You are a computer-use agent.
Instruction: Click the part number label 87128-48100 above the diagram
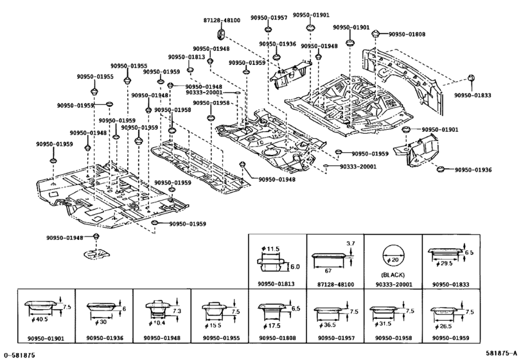tap(222, 21)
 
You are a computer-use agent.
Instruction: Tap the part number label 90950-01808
tap(407, 34)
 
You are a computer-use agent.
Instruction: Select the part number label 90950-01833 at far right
tap(472, 95)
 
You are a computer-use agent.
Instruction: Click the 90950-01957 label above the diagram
tap(269, 17)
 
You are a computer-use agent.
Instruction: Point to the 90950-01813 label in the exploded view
tap(186, 57)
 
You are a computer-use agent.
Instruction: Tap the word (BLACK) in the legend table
tap(393, 275)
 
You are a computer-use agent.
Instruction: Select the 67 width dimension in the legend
tap(328, 271)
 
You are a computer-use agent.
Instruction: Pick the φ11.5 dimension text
tap(270, 249)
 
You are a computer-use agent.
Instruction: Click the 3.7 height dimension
tap(351, 244)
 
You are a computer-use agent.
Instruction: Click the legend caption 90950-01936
tap(105, 338)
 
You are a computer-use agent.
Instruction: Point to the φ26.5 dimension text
tap(443, 327)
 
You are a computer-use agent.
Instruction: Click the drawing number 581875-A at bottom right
tap(501, 353)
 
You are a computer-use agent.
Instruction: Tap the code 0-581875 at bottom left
tap(19, 355)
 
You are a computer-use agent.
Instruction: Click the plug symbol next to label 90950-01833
tap(471, 78)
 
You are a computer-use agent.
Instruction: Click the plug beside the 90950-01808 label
tap(375, 33)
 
